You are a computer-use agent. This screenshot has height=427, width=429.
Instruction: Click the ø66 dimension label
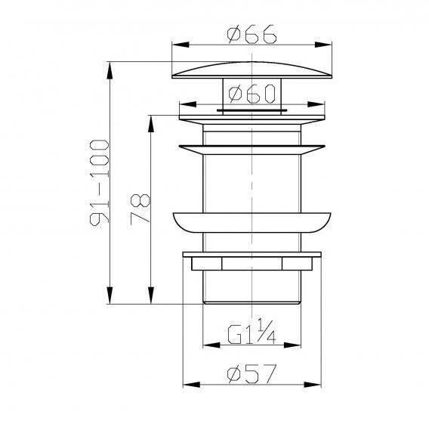click(252, 35)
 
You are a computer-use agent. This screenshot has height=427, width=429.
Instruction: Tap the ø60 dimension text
click(252, 94)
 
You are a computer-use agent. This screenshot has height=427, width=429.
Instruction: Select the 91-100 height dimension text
click(100, 183)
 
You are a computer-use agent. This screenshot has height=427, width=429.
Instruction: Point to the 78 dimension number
click(140, 209)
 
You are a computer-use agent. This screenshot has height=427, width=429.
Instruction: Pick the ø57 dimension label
click(252, 374)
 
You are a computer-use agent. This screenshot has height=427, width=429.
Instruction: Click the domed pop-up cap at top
click(252, 70)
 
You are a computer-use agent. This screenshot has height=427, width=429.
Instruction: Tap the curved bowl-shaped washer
click(252, 222)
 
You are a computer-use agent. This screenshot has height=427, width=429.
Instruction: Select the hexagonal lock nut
click(252, 264)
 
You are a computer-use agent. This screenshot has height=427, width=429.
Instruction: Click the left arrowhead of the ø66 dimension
click(181, 45)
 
